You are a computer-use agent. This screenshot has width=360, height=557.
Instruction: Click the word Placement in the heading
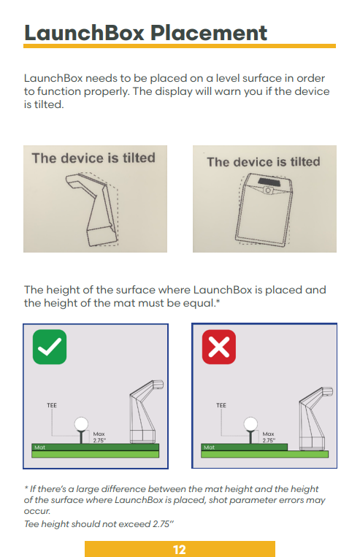(x=209, y=33)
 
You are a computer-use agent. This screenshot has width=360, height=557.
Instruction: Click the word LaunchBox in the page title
(x=84, y=33)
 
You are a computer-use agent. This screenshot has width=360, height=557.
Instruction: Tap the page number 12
(x=180, y=550)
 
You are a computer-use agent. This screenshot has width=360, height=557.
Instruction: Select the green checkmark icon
(x=50, y=347)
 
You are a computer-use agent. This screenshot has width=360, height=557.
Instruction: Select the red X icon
(x=219, y=347)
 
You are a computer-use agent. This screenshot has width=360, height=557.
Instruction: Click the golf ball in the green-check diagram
(x=81, y=423)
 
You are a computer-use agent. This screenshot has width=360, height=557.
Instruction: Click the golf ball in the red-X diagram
(x=250, y=423)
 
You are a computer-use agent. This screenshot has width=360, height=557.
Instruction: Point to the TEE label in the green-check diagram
(x=52, y=405)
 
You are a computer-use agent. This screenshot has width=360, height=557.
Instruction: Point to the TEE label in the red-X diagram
(x=221, y=405)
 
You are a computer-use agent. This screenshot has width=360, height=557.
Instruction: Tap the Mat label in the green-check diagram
(x=40, y=447)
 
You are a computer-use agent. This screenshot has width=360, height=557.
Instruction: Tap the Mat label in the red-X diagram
(x=209, y=447)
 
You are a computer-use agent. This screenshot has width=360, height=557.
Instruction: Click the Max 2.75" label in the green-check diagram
(x=99, y=437)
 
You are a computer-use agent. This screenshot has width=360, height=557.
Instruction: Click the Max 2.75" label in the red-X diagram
(x=269, y=437)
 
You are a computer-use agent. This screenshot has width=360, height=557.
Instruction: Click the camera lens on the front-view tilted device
(x=268, y=191)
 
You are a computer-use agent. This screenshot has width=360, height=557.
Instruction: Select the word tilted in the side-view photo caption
(x=139, y=158)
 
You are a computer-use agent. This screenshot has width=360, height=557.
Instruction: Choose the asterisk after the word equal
(x=218, y=301)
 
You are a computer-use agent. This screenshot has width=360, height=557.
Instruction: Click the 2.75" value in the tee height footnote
(x=163, y=524)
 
